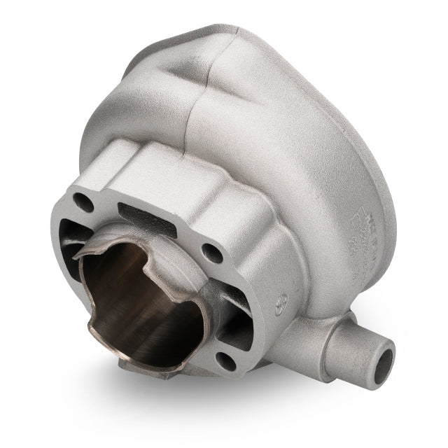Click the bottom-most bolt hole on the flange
pos(225,360)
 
